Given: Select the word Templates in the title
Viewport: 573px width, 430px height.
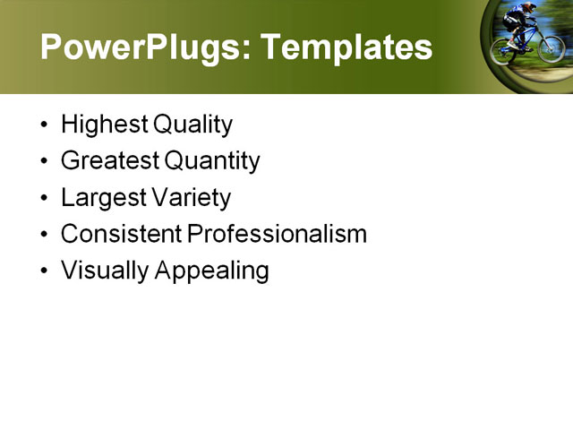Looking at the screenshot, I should pos(346,47).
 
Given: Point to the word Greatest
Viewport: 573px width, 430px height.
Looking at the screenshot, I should pos(110,161).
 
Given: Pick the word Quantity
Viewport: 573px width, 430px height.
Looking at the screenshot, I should pos(212,161).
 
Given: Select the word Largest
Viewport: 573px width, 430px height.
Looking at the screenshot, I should pos(103,198).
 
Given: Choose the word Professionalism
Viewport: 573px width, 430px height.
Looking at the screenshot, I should pos(278,234).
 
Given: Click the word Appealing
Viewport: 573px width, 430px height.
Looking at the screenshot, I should pos(212,271).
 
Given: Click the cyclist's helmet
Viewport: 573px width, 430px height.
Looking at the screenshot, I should pos(529,8).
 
